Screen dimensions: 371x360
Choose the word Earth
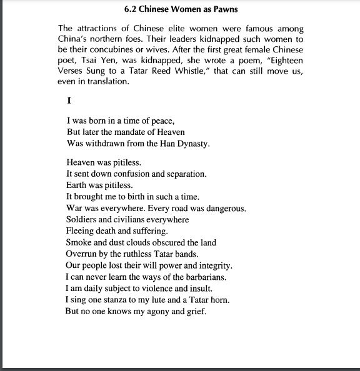[77, 185]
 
